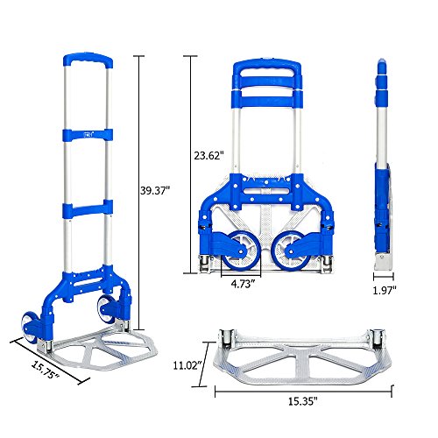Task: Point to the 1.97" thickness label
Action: (383, 290)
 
